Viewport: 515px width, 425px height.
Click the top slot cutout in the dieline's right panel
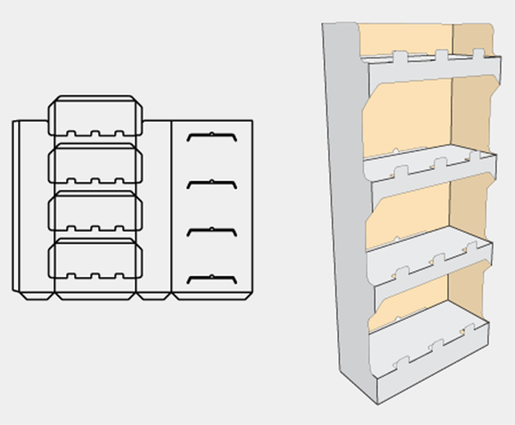(x=211, y=137)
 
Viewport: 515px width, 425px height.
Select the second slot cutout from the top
(x=211, y=183)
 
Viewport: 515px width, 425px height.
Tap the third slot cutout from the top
(x=211, y=230)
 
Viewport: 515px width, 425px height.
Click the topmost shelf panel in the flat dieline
(x=95, y=117)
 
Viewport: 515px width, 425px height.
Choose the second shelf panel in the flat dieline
(x=95, y=163)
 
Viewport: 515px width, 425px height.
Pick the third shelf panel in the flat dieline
(x=95, y=209)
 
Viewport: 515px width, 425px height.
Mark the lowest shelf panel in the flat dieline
(x=95, y=258)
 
